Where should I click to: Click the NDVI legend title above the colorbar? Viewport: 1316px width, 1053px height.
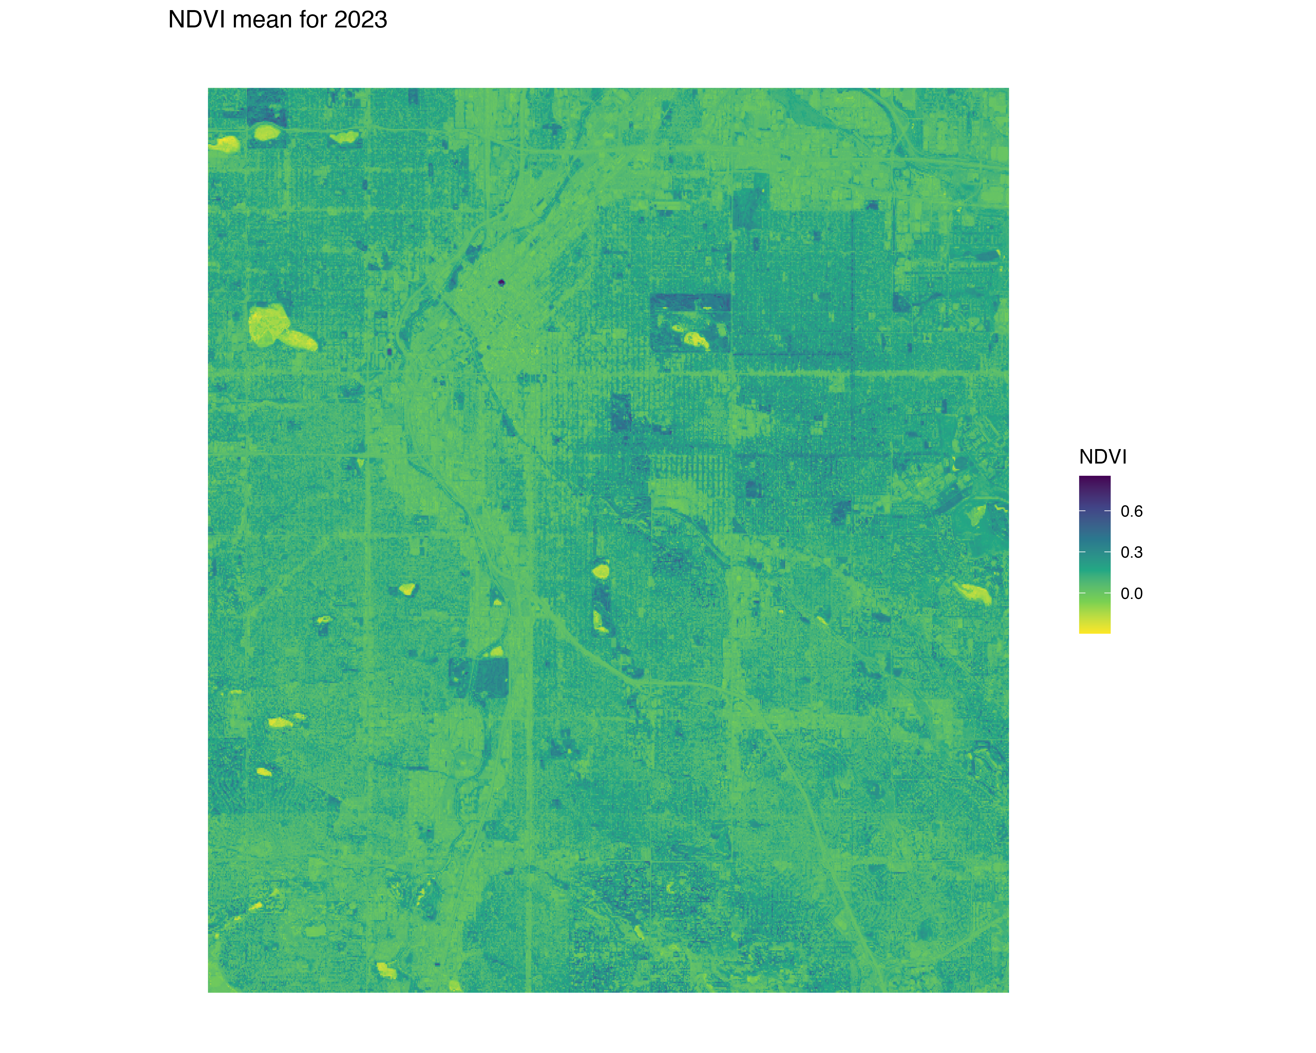point(1102,457)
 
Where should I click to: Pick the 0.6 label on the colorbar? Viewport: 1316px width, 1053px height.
point(1131,512)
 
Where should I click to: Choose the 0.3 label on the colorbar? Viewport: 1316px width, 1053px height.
point(1131,552)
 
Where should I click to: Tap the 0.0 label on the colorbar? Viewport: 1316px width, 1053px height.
point(1131,593)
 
